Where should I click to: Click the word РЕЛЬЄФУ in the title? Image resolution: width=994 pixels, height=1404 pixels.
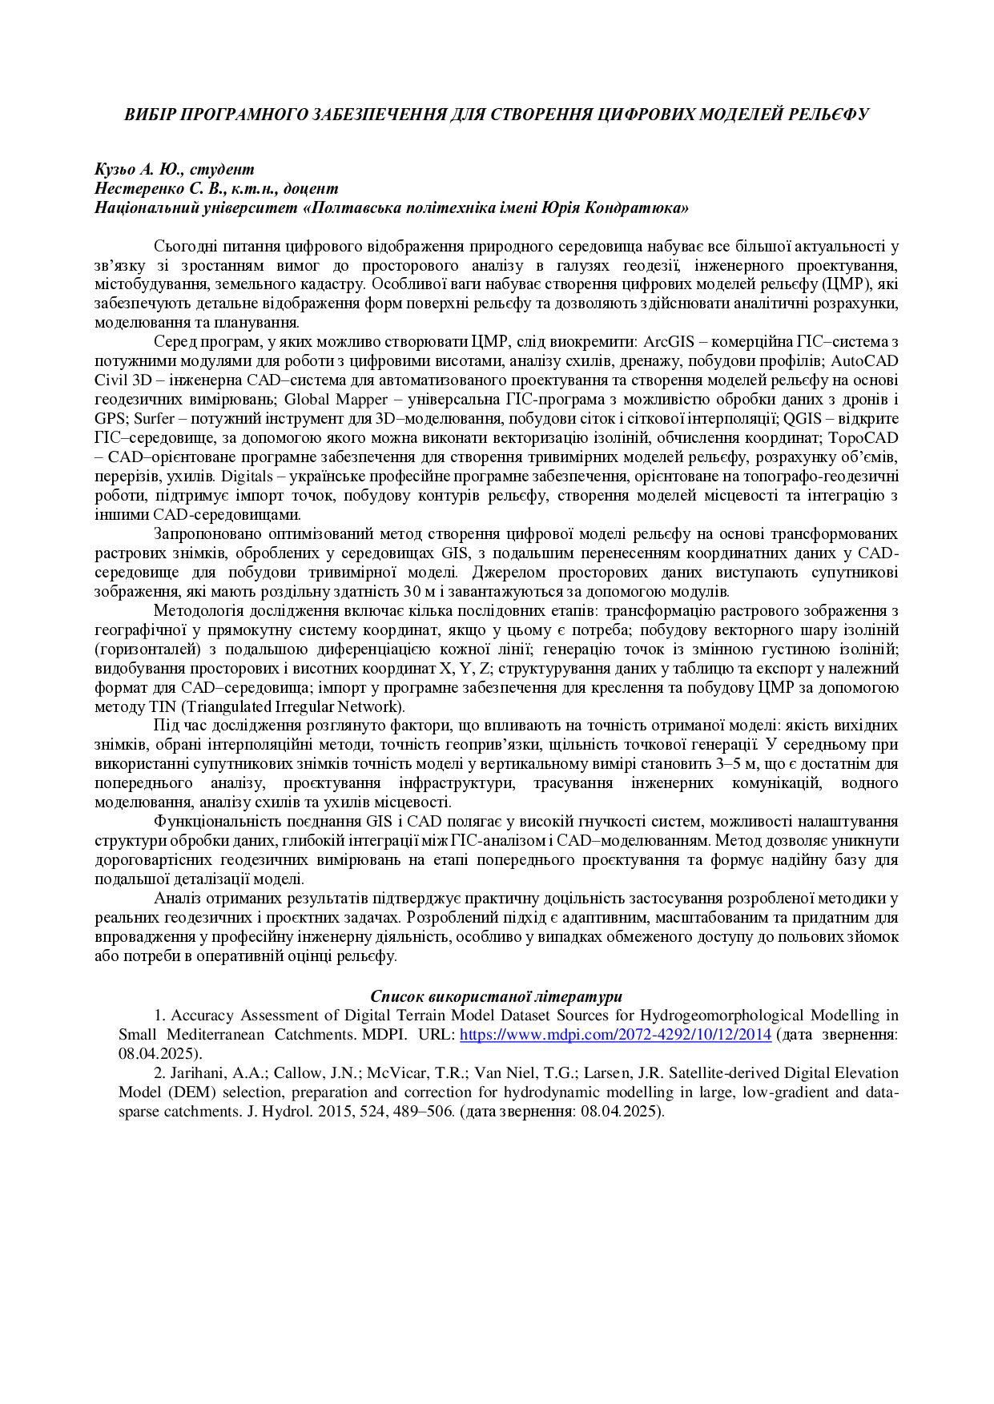pos(828,114)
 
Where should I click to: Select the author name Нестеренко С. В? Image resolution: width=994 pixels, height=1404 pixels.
pos(156,188)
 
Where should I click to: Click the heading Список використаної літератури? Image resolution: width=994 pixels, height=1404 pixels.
pos(496,996)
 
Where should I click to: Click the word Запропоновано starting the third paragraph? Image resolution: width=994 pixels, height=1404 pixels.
pos(205,534)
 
